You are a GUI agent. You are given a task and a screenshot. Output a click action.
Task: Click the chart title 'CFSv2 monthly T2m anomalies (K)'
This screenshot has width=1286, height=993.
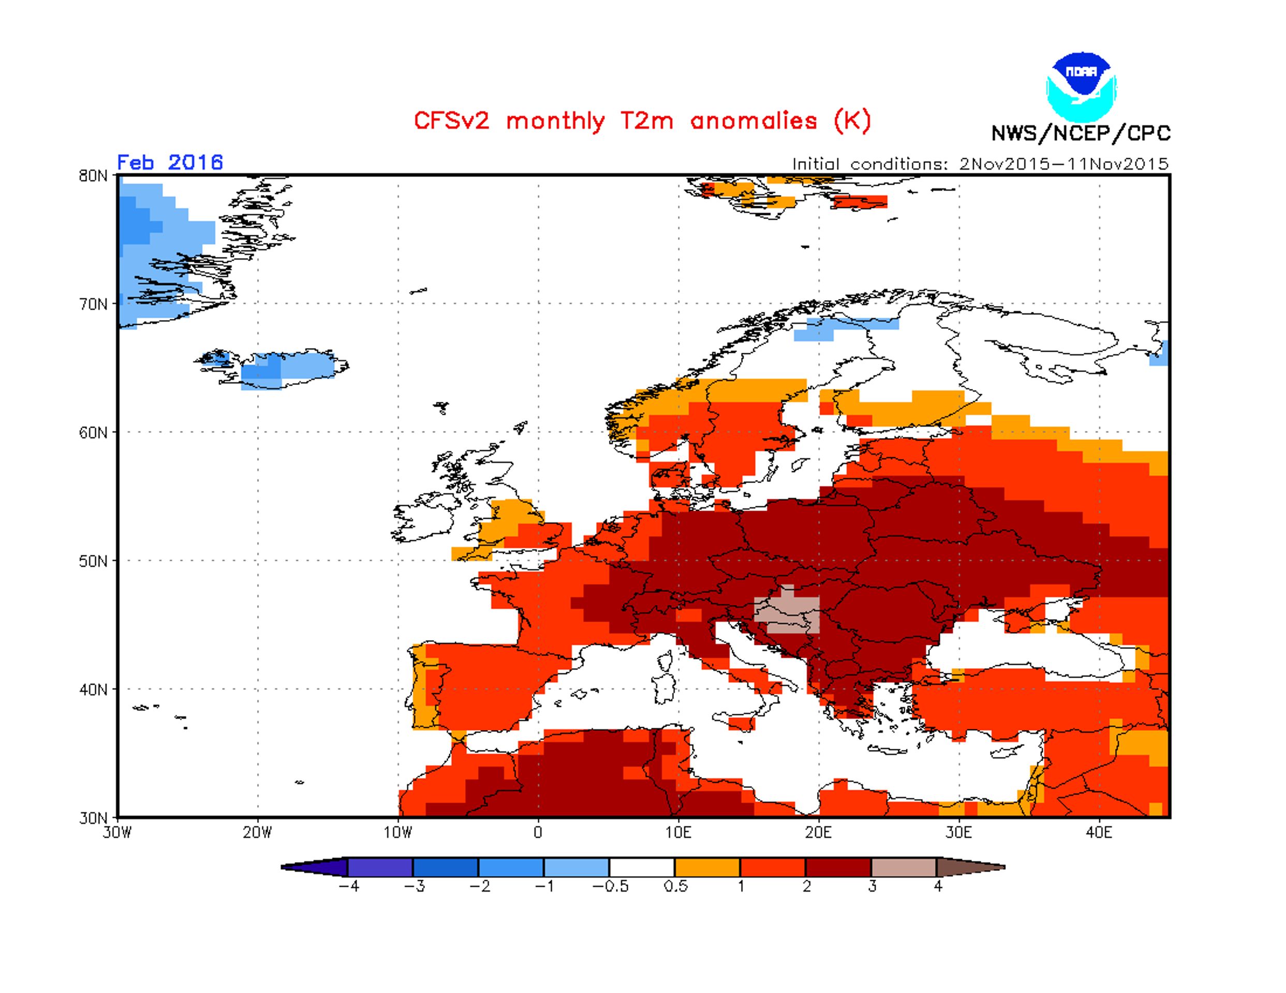pyautogui.click(x=642, y=121)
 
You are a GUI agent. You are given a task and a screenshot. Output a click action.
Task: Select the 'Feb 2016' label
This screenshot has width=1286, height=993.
pyautogui.click(x=170, y=162)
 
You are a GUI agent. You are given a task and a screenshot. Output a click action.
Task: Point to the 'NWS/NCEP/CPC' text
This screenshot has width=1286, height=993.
pyautogui.click(x=1081, y=133)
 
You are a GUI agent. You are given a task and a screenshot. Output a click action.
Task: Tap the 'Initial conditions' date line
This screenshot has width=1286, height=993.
pyautogui.click(x=980, y=163)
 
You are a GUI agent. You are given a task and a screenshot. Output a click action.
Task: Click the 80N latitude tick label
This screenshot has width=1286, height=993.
pyautogui.click(x=93, y=176)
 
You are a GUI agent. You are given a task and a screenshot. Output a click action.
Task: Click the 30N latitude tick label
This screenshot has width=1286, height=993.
pyautogui.click(x=93, y=818)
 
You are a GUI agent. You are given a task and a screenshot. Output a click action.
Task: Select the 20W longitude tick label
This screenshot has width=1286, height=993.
pyautogui.click(x=258, y=832)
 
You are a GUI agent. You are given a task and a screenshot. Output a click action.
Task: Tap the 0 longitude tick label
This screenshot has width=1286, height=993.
pyautogui.click(x=538, y=832)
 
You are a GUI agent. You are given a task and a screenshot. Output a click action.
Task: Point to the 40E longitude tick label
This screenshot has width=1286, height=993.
pyautogui.click(x=1099, y=832)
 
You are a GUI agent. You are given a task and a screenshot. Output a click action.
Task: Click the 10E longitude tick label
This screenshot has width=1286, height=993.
pyautogui.click(x=678, y=832)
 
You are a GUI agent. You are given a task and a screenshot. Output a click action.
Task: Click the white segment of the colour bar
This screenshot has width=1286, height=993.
pyautogui.click(x=642, y=867)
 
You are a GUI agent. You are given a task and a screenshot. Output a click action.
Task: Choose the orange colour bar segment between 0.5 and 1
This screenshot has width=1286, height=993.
pyautogui.click(x=707, y=867)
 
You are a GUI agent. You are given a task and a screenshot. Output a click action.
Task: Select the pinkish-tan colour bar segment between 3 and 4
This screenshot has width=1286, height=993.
pyautogui.click(x=904, y=867)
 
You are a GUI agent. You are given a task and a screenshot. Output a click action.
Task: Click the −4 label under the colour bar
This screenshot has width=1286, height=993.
pyautogui.click(x=349, y=886)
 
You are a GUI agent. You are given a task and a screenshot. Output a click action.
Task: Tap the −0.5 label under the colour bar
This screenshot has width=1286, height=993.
pyautogui.click(x=610, y=886)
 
